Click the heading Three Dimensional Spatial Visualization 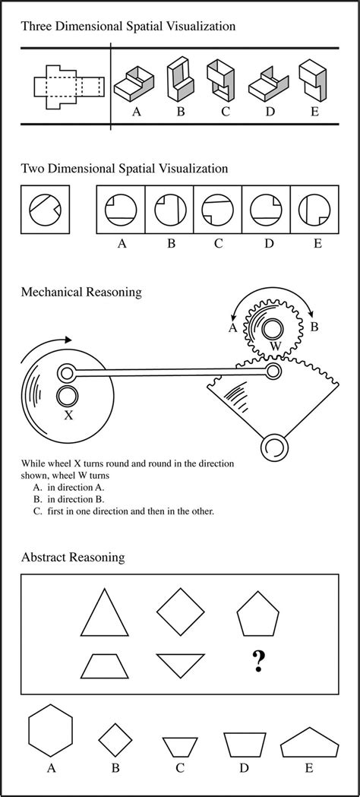tap(128, 26)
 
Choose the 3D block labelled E tap(311, 81)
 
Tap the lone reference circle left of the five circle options tap(45, 210)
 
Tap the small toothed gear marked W tap(272, 328)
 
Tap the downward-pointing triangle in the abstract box tap(181, 665)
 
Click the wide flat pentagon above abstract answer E tap(308, 742)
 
